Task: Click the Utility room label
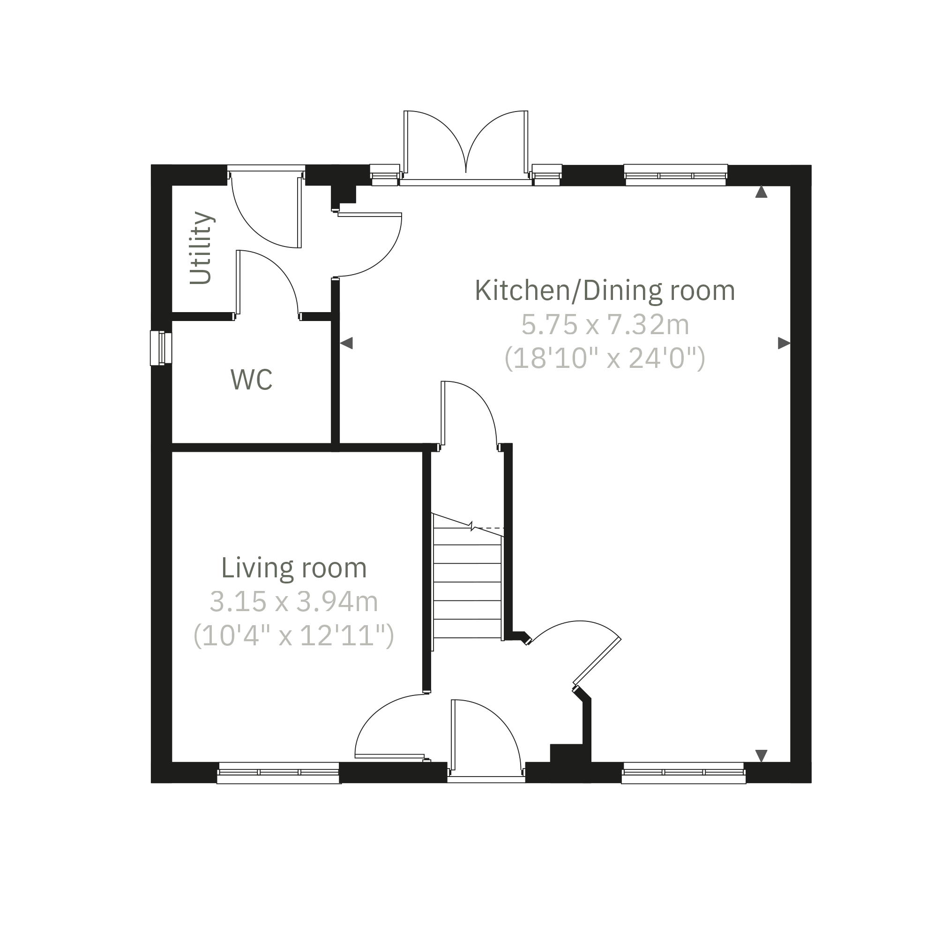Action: click(x=202, y=248)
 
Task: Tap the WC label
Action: click(x=252, y=380)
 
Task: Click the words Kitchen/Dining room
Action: click(x=605, y=291)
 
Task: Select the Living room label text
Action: click(x=294, y=568)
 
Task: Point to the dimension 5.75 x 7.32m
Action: click(x=605, y=325)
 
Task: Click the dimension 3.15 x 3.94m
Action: click(x=294, y=602)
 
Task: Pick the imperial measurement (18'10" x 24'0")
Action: click(x=605, y=358)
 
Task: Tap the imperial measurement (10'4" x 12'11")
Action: click(x=294, y=635)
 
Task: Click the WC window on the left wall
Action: click(x=161, y=348)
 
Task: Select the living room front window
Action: click(x=279, y=773)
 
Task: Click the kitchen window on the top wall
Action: click(x=676, y=175)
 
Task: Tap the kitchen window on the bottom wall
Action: click(x=684, y=773)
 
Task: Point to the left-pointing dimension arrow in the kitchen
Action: click(x=346, y=343)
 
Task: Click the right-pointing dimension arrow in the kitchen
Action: click(x=784, y=343)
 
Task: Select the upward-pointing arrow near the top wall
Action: click(x=762, y=192)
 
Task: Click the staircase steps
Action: click(x=468, y=582)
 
